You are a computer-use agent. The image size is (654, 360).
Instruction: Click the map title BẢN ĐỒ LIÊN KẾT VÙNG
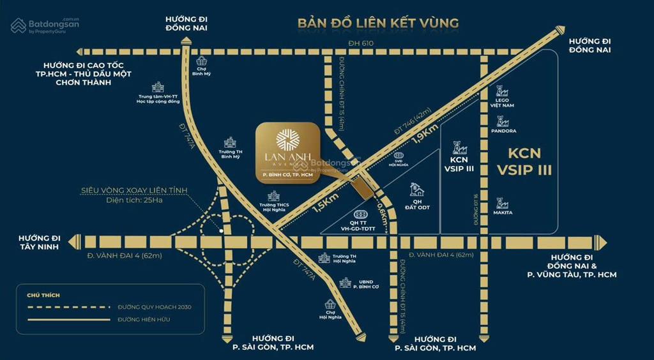(378, 24)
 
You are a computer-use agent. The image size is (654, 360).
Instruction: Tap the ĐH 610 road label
(360, 43)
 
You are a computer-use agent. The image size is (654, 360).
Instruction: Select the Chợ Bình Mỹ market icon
(202, 61)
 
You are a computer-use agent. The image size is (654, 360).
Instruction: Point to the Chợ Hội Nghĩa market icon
(331, 305)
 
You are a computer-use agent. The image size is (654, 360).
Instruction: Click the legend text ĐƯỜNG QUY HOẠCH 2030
(154, 307)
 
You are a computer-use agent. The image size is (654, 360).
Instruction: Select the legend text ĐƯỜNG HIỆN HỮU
(144, 319)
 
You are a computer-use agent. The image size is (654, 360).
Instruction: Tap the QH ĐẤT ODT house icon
(418, 189)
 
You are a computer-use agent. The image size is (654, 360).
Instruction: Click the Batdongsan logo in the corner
(45, 26)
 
